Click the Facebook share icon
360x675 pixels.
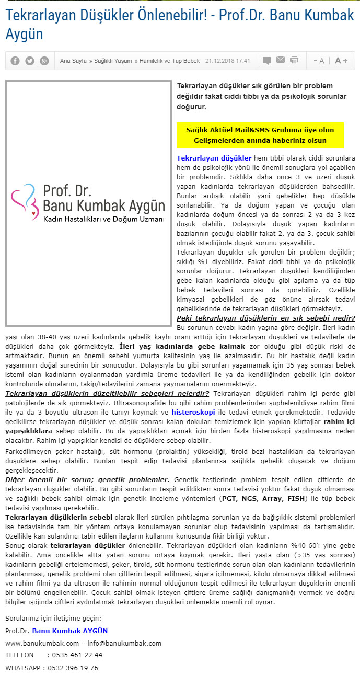(15, 61)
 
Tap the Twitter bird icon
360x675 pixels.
(30, 61)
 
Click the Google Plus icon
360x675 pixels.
(44, 61)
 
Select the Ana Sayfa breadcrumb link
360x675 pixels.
(73, 61)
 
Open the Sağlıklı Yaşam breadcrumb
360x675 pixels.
(113, 61)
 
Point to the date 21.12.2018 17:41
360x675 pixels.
(228, 61)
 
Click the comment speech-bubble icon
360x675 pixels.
(267, 61)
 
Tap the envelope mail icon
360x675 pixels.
(281, 60)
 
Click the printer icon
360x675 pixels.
(294, 60)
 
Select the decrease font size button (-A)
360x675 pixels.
(319, 61)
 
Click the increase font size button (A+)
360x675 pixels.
(341, 61)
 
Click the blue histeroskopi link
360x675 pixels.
(193, 412)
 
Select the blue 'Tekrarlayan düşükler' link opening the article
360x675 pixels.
(214, 157)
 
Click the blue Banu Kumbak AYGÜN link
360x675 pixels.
(70, 631)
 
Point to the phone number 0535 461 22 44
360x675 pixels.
(75, 655)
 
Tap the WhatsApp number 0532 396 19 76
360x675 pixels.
(75, 668)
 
